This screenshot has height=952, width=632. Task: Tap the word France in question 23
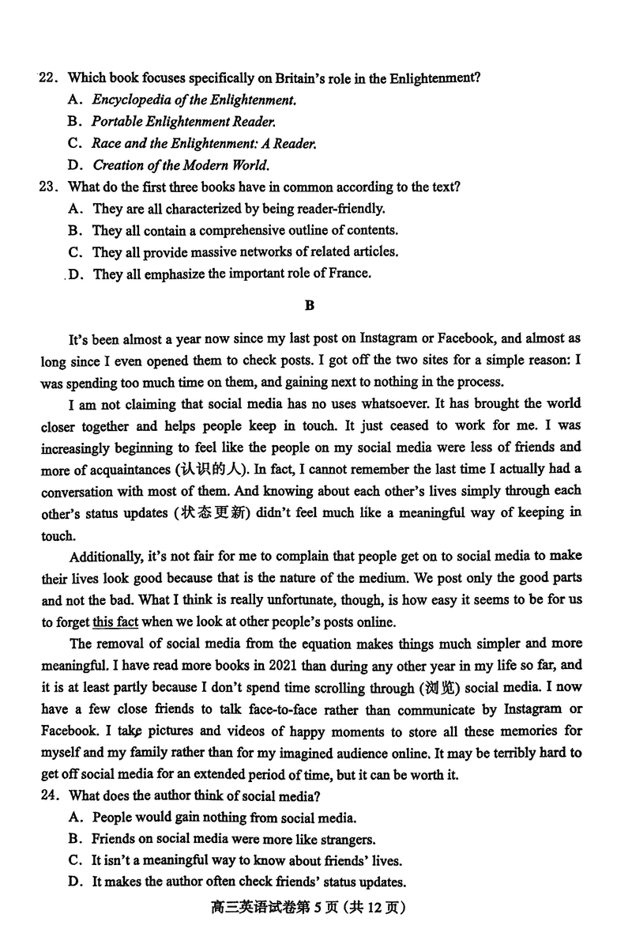pos(348,274)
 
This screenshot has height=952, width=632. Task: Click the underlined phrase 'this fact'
pos(115,621)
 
